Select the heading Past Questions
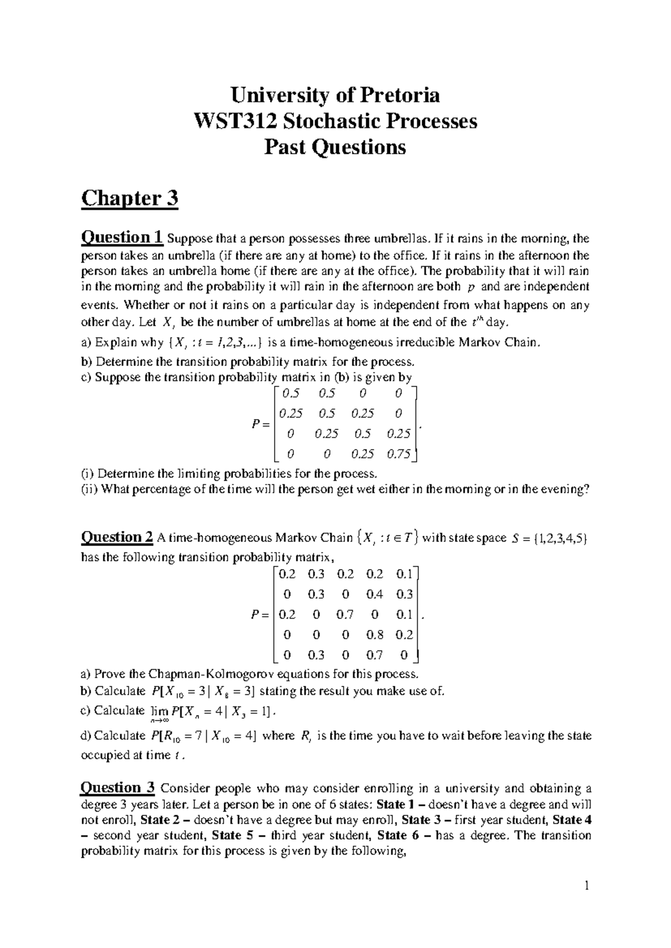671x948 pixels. [x=335, y=148]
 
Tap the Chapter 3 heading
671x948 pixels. [x=129, y=198]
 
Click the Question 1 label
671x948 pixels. [x=122, y=238]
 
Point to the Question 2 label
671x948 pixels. [x=117, y=537]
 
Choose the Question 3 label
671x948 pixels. [x=117, y=788]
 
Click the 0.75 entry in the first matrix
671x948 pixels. [x=399, y=454]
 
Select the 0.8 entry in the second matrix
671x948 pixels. [x=375, y=634]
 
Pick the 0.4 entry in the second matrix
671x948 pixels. [x=375, y=594]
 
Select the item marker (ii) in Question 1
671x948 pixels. [x=89, y=489]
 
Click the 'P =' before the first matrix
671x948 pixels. [x=261, y=424]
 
